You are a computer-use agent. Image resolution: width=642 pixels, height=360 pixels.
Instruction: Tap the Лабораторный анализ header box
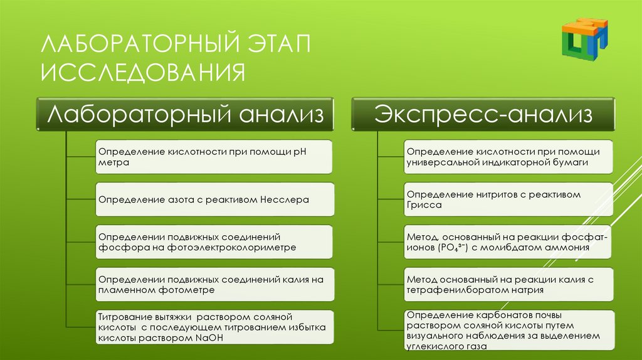point(185,115)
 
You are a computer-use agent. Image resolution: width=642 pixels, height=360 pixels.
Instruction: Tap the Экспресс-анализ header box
point(483,115)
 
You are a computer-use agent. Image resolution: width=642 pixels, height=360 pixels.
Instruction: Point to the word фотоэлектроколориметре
point(228,248)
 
